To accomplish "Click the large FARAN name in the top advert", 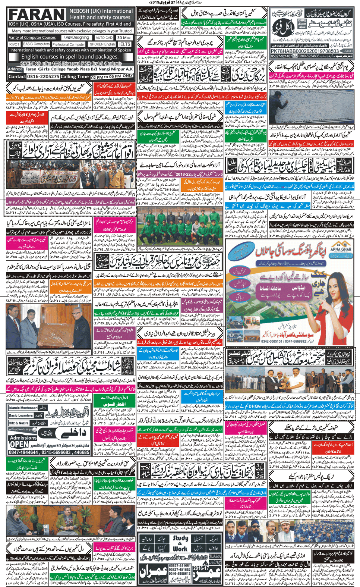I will coord(37,15).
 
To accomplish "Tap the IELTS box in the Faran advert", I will coord(124,44).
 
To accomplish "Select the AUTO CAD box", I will coord(104,38).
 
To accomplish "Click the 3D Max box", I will coord(124,38).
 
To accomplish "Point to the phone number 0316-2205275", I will coord(43,76).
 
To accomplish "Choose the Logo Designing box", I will coord(76,38).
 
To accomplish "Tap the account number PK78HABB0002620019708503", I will coord(304,51).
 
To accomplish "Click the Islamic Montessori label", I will coord(23,408).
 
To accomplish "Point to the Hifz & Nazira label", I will coord(19,423).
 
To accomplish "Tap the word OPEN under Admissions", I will coord(19,445).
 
